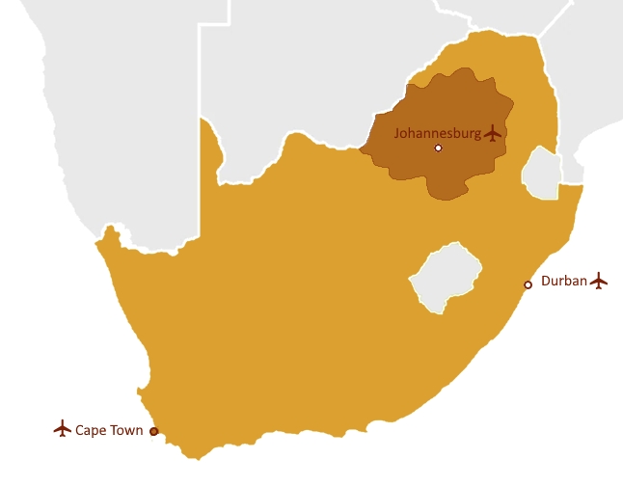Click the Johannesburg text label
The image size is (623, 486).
[x=438, y=133]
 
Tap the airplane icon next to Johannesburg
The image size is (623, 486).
[x=495, y=132]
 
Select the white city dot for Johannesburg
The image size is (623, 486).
[x=438, y=148]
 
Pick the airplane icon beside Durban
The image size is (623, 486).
[x=599, y=281]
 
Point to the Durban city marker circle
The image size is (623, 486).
[x=528, y=284]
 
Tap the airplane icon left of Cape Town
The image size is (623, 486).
[x=63, y=428]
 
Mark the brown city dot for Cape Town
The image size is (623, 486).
[x=154, y=431]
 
